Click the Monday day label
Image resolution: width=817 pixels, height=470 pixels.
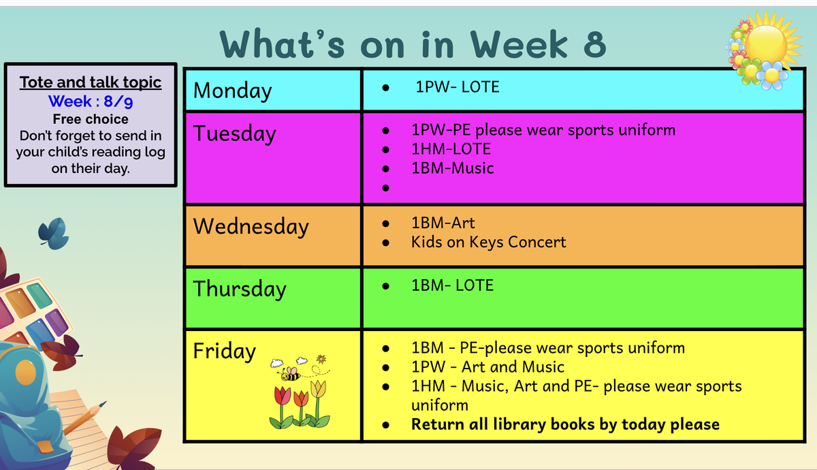(232, 91)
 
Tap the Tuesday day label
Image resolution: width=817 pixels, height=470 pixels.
(234, 134)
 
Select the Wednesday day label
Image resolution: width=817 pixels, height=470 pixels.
(251, 227)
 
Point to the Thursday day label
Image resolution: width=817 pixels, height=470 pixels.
(240, 289)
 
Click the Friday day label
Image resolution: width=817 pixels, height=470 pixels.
(224, 351)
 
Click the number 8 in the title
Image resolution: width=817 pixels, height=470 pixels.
(594, 44)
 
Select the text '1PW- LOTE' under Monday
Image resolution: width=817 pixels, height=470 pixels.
(458, 87)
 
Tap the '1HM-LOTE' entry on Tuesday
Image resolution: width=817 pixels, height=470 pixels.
(451, 149)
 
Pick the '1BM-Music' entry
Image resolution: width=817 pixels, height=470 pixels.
(453, 168)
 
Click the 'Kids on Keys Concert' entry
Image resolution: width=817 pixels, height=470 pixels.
(488, 242)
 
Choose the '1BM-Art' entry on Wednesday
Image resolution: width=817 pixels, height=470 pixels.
(443, 223)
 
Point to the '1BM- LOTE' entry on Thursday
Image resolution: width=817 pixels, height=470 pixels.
(452, 285)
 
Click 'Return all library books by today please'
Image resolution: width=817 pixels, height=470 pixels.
(565, 424)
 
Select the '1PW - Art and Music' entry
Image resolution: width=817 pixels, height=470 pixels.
(487, 367)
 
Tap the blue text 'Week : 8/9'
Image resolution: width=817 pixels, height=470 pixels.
(91, 101)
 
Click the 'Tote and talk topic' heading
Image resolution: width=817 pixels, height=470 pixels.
(91, 82)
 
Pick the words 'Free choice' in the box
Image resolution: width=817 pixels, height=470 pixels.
(91, 119)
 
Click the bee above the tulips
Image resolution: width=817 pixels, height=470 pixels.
(290, 374)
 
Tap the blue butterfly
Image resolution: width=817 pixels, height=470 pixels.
(54, 234)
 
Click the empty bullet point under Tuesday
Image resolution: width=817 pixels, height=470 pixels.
(385, 188)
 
